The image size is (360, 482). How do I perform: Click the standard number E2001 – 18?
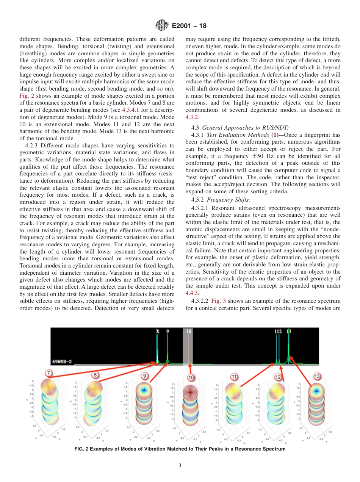[189, 26]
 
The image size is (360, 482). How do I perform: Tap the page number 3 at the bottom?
[180, 466]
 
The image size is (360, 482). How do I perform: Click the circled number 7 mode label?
[48, 372]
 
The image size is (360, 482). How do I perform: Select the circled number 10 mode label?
[191, 377]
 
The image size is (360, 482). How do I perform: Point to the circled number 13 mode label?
[317, 376]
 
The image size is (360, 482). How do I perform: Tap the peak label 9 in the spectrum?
[168, 331]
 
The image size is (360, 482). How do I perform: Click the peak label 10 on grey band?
[189, 331]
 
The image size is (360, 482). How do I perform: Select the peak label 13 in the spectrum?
[289, 331]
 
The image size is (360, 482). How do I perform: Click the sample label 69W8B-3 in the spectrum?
[62, 361]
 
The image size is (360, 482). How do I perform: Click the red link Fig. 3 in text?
[218, 301]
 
